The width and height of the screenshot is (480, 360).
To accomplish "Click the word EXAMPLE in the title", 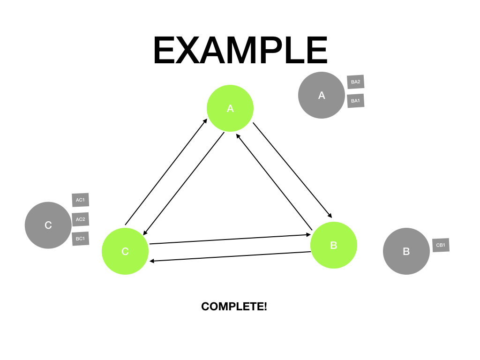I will tap(240, 51).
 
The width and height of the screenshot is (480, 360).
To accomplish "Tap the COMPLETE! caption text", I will tap(234, 307).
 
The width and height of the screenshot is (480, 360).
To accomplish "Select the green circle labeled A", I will tap(230, 108).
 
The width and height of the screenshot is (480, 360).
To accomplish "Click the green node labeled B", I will tap(334, 245).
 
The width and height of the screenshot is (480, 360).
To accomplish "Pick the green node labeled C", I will tap(125, 251).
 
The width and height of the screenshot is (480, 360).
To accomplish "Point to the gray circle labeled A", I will tap(322, 95).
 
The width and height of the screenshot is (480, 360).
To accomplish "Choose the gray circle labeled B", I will tap(406, 251).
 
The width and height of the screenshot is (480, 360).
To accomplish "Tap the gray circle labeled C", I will tap(48, 225).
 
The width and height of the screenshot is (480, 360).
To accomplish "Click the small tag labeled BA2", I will tap(355, 82).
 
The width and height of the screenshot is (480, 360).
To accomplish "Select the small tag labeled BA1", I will tap(355, 101).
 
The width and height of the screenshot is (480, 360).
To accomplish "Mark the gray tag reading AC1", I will tap(80, 200).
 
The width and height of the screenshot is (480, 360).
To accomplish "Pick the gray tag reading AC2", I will tap(80, 219).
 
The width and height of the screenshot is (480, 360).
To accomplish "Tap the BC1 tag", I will tap(80, 239).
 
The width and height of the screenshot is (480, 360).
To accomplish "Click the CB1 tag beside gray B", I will tap(441, 245).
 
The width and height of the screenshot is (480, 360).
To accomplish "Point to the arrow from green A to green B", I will tap(292, 170).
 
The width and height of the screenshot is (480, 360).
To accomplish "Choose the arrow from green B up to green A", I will tap(274, 182).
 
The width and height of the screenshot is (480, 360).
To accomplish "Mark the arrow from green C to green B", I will tap(230, 240).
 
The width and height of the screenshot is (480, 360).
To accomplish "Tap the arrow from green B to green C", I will tap(230, 256).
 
